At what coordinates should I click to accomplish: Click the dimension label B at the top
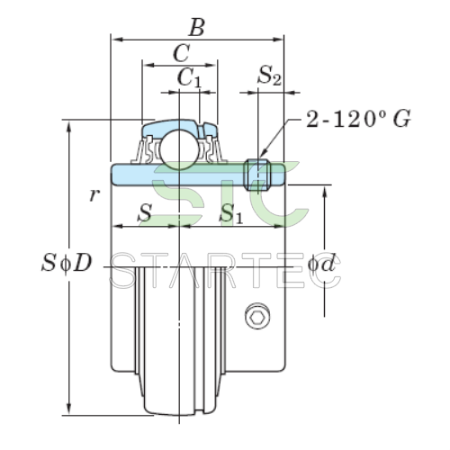(x=197, y=28)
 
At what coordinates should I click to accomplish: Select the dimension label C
(x=181, y=53)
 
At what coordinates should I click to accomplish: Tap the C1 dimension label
(x=189, y=77)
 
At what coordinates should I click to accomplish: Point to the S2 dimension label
(x=269, y=76)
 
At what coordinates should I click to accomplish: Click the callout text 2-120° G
(x=358, y=119)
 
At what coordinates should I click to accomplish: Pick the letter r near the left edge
(x=94, y=195)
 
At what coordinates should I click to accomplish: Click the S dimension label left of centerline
(x=145, y=212)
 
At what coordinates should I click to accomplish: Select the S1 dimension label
(x=230, y=214)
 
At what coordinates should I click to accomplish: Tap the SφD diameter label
(x=67, y=263)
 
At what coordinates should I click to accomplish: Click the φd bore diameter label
(x=321, y=264)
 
